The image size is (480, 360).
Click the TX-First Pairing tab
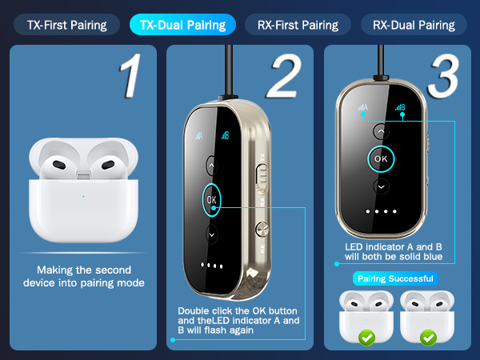pyautogui.click(x=66, y=25)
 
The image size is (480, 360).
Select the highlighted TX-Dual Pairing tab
pyautogui.click(x=182, y=25)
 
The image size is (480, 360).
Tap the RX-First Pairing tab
pyautogui.click(x=298, y=25)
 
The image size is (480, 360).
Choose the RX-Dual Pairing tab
pyautogui.click(x=414, y=25)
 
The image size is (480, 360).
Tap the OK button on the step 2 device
pyautogui.click(x=211, y=199)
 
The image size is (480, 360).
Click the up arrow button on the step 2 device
pyautogui.click(x=211, y=166)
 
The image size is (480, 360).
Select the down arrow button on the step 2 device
pyautogui.click(x=211, y=234)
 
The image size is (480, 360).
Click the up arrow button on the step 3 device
pyautogui.click(x=382, y=132)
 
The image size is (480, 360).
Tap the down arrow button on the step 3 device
pyautogui.click(x=382, y=186)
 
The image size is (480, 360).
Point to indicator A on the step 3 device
pyautogui.click(x=364, y=108)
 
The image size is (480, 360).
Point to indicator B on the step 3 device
pyautogui.click(x=401, y=108)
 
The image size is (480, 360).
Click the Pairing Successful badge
pyautogui.click(x=395, y=278)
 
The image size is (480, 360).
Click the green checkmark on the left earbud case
pyautogui.click(x=367, y=338)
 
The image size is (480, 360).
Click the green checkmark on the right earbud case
pyautogui.click(x=428, y=338)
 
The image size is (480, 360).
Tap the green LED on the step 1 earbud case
pyautogui.click(x=82, y=195)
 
